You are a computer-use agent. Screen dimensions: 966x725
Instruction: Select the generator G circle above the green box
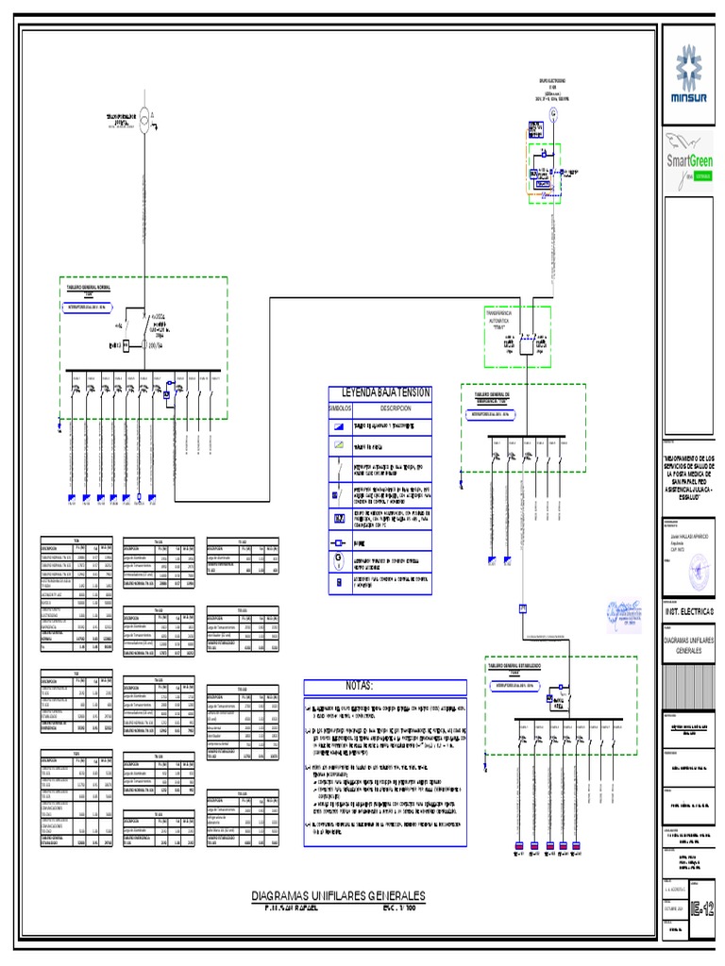tap(555, 112)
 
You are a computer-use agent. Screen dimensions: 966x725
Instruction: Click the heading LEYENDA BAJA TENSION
tap(379, 392)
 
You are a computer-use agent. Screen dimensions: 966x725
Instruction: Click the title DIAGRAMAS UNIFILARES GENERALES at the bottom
tap(339, 895)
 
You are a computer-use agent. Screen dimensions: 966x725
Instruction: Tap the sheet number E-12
tap(703, 909)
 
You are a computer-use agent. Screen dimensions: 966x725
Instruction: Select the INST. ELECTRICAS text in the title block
tap(690, 612)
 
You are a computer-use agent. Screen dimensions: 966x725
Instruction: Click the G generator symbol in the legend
tap(339, 558)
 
